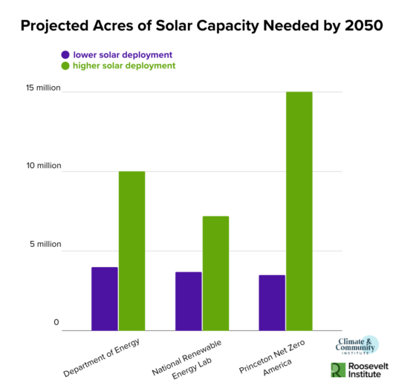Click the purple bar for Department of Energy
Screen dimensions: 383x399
coord(104,298)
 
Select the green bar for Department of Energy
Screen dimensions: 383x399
coord(132,251)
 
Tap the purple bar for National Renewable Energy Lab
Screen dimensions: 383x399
coord(188,300)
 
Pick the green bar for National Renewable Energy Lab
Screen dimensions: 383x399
coord(215,273)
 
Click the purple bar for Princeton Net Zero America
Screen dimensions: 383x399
coord(272,302)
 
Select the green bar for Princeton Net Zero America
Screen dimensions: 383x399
coord(299,211)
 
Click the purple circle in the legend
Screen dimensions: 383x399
coord(65,54)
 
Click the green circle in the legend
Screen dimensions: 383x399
coord(65,65)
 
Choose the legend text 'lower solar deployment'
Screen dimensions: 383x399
coord(123,54)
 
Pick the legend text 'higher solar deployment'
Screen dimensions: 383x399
coord(124,65)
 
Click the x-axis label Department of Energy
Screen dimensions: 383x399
coord(103,355)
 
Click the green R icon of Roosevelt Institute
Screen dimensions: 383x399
coord(338,370)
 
